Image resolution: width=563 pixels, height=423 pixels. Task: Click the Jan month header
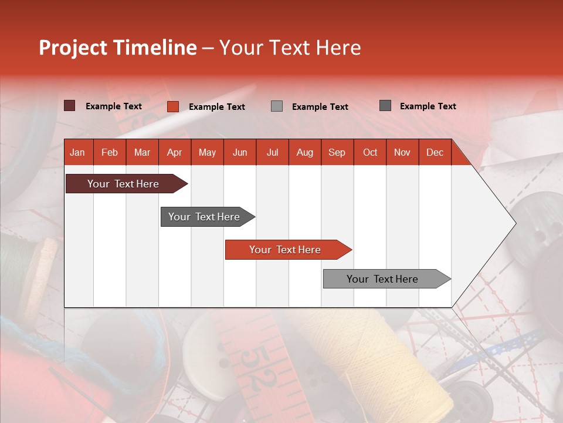click(77, 152)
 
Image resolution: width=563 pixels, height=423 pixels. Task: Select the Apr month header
click(174, 152)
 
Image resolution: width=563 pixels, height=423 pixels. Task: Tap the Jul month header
click(272, 152)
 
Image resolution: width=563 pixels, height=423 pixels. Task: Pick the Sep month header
click(337, 152)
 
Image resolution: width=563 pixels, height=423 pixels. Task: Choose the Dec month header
click(435, 152)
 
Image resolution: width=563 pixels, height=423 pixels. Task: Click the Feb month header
click(110, 152)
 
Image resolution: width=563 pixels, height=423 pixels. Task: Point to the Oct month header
click(370, 152)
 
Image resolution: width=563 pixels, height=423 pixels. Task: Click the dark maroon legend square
click(69, 106)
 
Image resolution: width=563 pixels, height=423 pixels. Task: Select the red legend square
click(172, 106)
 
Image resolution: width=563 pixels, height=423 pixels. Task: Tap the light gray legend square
click(277, 106)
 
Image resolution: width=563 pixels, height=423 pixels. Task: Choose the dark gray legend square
click(385, 106)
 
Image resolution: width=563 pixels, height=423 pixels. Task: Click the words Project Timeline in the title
click(117, 48)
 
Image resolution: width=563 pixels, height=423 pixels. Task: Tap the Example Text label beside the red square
click(216, 107)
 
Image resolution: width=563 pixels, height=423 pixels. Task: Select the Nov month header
click(402, 152)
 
